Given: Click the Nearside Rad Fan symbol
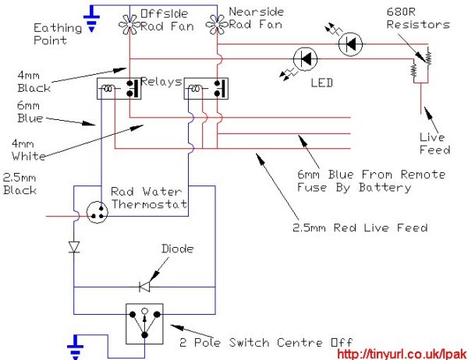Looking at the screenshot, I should pyautogui.click(x=216, y=25).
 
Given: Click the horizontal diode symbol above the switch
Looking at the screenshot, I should pyautogui.click(x=144, y=287).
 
